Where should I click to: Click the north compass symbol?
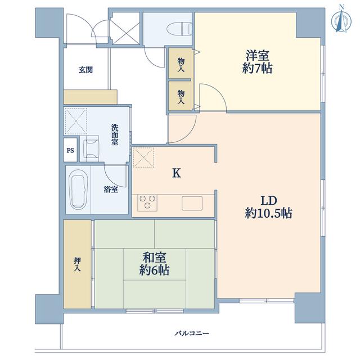click(x=341, y=21)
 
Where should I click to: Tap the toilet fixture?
click(x=179, y=29)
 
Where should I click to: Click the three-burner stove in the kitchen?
click(x=147, y=202)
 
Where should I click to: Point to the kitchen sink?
click(x=192, y=203)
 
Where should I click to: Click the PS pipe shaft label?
click(x=70, y=150)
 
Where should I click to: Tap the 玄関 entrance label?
click(x=85, y=70)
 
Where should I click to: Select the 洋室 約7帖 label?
click(x=258, y=62)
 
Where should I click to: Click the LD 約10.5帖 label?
click(x=268, y=207)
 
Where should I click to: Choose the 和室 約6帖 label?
click(x=154, y=264)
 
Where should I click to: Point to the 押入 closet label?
click(x=77, y=265)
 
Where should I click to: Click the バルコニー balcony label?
click(x=192, y=333)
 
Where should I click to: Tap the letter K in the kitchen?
click(x=176, y=173)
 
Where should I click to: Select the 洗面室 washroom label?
click(x=115, y=134)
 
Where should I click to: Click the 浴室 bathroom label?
click(x=111, y=190)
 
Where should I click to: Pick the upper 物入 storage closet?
click(x=181, y=64)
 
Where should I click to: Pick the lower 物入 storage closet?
click(x=181, y=96)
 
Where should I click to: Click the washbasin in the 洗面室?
click(x=89, y=148)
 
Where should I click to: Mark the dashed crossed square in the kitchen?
click(x=143, y=157)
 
